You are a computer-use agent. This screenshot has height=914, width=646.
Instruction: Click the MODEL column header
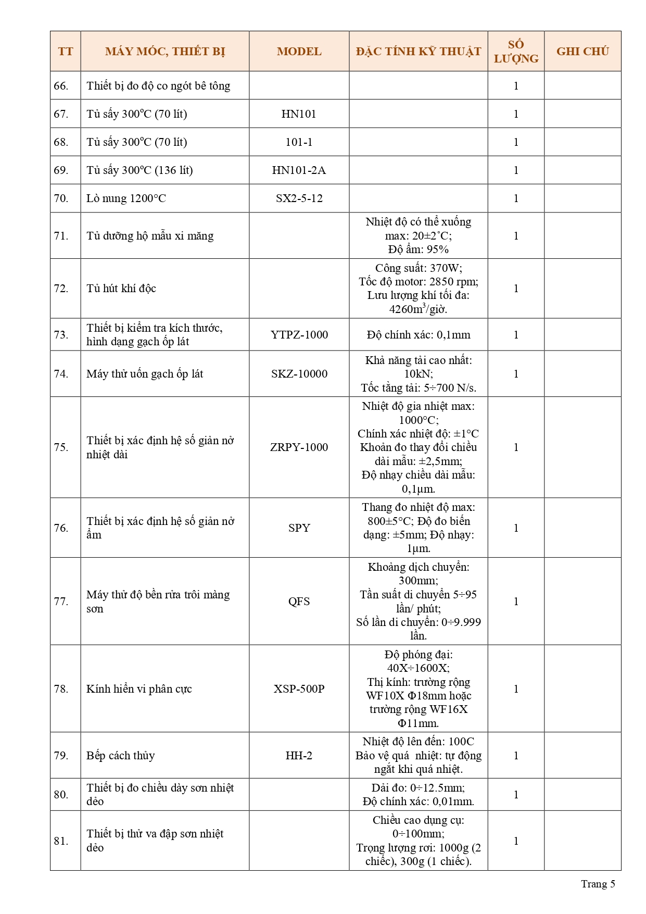click(x=299, y=51)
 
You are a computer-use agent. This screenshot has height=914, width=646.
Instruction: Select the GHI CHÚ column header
click(x=582, y=51)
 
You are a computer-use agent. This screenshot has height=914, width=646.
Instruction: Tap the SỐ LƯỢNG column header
click(x=516, y=51)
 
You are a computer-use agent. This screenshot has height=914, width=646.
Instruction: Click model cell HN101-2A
click(x=299, y=170)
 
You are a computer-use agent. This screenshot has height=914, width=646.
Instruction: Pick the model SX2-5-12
click(x=299, y=198)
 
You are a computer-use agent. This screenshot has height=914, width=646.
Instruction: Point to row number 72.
click(x=61, y=289)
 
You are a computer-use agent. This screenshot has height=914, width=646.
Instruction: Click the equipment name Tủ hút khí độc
click(x=121, y=289)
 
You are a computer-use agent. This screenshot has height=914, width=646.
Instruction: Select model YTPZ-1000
click(x=299, y=335)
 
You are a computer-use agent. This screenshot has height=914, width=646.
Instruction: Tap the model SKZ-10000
click(x=299, y=374)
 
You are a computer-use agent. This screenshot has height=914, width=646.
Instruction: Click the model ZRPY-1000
click(x=299, y=447)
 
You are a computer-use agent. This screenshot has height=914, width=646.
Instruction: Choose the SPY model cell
click(x=299, y=528)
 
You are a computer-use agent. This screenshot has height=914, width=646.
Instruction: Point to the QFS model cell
click(x=299, y=602)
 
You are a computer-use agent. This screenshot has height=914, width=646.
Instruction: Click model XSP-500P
click(x=299, y=689)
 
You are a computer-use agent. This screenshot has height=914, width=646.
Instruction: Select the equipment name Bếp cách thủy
click(x=121, y=756)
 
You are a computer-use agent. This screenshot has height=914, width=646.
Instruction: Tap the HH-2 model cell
click(x=299, y=756)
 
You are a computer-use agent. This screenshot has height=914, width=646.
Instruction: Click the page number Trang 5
click(x=598, y=884)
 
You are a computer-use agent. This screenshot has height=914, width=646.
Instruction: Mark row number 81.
click(x=61, y=841)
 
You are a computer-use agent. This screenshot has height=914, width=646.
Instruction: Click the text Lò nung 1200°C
click(x=126, y=198)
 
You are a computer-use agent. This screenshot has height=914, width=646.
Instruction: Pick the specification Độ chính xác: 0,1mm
click(x=418, y=335)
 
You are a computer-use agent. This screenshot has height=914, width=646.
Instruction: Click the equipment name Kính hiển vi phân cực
click(x=139, y=689)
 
